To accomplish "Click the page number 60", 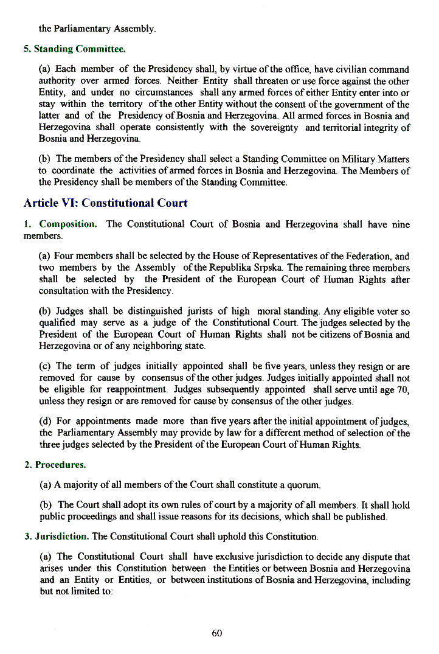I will (217, 633).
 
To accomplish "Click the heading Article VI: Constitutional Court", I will (106, 203).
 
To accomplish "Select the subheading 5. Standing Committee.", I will (75, 48).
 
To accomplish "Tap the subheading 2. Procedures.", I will (55, 465).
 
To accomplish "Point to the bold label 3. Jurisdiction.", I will (57, 537).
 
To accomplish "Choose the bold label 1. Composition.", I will (60, 224).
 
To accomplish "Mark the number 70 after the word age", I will (403, 389).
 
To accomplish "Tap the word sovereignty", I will (272, 127).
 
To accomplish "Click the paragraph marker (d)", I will (46, 421).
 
